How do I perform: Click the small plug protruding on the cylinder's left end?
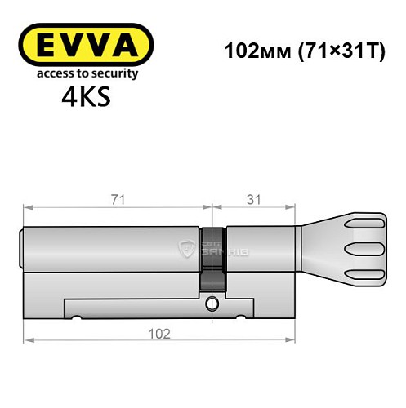[23, 247]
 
